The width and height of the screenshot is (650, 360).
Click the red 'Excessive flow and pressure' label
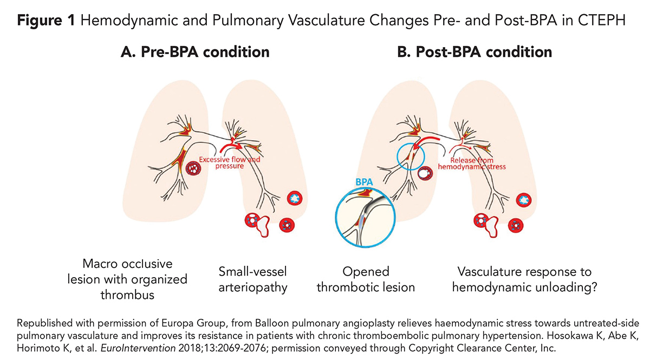click(x=222, y=163)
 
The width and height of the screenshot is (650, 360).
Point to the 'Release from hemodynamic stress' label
click(x=471, y=163)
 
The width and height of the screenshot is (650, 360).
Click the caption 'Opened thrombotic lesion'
click(x=366, y=278)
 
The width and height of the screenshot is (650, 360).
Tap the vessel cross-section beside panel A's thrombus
click(x=193, y=168)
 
